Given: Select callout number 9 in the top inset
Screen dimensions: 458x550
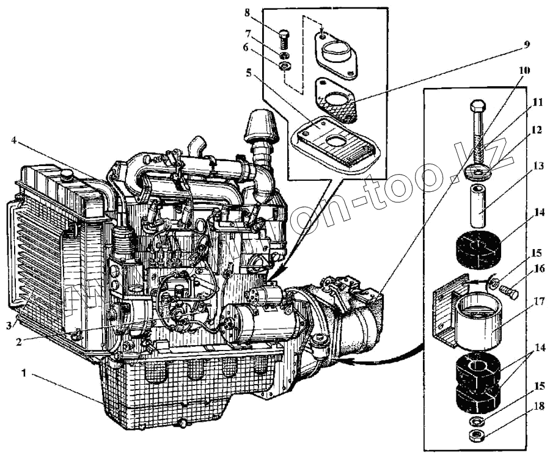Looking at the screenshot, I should [x=526, y=45].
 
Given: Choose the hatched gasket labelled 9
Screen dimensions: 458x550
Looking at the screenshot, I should [x=336, y=104].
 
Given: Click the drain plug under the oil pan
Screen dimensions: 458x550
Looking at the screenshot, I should [x=181, y=423].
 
